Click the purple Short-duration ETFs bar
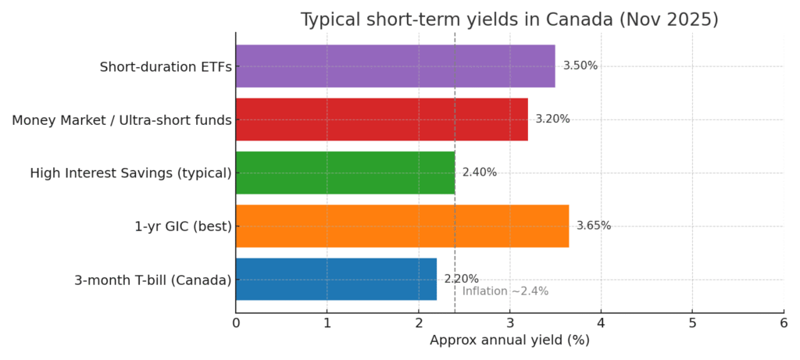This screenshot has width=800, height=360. click(x=395, y=66)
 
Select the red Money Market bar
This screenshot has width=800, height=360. click(x=381, y=119)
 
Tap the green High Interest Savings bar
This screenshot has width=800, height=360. click(x=345, y=173)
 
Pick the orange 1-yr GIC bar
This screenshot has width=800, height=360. click(x=402, y=226)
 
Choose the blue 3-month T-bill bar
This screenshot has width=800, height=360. click(x=336, y=279)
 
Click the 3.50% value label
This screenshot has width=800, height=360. click(x=580, y=66)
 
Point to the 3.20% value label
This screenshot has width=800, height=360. click(x=552, y=119)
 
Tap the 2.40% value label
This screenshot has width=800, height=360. click(x=480, y=173)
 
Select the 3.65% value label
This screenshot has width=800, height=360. click(x=594, y=226)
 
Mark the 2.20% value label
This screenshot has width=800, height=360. click(x=461, y=279)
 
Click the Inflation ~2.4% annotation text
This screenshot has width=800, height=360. click(x=505, y=291)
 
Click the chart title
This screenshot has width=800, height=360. click(x=509, y=20)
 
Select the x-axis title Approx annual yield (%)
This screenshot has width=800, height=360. click(x=509, y=340)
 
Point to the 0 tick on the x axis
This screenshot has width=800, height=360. click(x=236, y=322)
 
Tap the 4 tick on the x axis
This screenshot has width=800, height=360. click(x=601, y=322)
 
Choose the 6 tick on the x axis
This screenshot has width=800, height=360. click(x=784, y=322)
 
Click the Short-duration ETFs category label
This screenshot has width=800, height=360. click(x=166, y=67)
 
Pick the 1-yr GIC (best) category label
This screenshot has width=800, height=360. click(x=183, y=226)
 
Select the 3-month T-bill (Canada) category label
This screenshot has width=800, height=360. click(x=153, y=280)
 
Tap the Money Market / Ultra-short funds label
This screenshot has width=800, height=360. click(x=122, y=120)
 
